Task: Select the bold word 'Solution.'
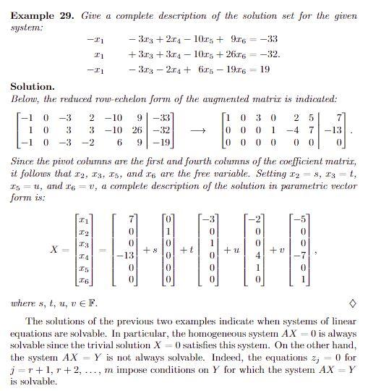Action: pyautogui.click(x=33, y=86)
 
